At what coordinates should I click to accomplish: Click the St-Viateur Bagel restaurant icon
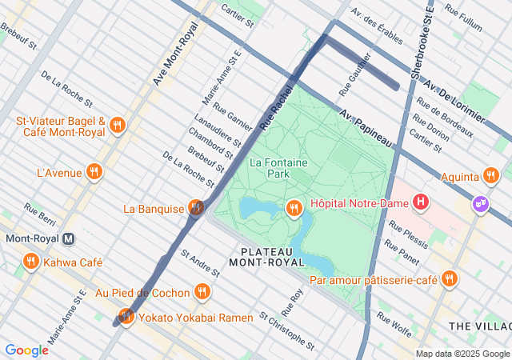[x=118, y=125]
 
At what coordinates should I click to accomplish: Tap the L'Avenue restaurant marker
[x=94, y=171]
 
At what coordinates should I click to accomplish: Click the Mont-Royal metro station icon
[x=69, y=238]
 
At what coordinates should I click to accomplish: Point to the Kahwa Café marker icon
[x=31, y=262]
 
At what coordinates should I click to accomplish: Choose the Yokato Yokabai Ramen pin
[x=125, y=316]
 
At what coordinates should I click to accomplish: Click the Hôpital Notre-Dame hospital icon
[x=421, y=203]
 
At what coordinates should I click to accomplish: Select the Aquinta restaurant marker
[x=491, y=174]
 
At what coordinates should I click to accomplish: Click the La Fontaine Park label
[x=278, y=167]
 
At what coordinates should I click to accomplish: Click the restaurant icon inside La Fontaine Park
[x=294, y=209]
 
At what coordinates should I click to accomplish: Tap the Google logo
[x=26, y=350]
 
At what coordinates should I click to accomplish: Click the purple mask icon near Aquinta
[x=480, y=203]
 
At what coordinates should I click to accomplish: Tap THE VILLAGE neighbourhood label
[x=480, y=326]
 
